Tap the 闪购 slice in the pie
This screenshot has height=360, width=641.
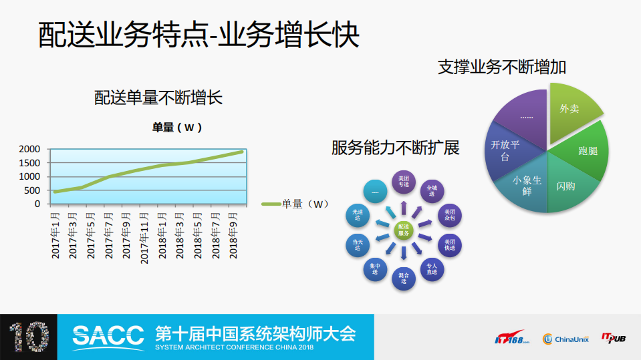pyautogui.click(x=565, y=186)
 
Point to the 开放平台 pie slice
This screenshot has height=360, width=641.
pyautogui.click(x=506, y=151)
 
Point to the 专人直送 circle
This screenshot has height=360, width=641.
pyautogui.click(x=432, y=269)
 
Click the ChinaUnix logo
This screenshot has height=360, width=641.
pyautogui.click(x=564, y=339)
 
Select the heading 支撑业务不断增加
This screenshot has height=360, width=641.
pyautogui.click(x=502, y=67)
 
